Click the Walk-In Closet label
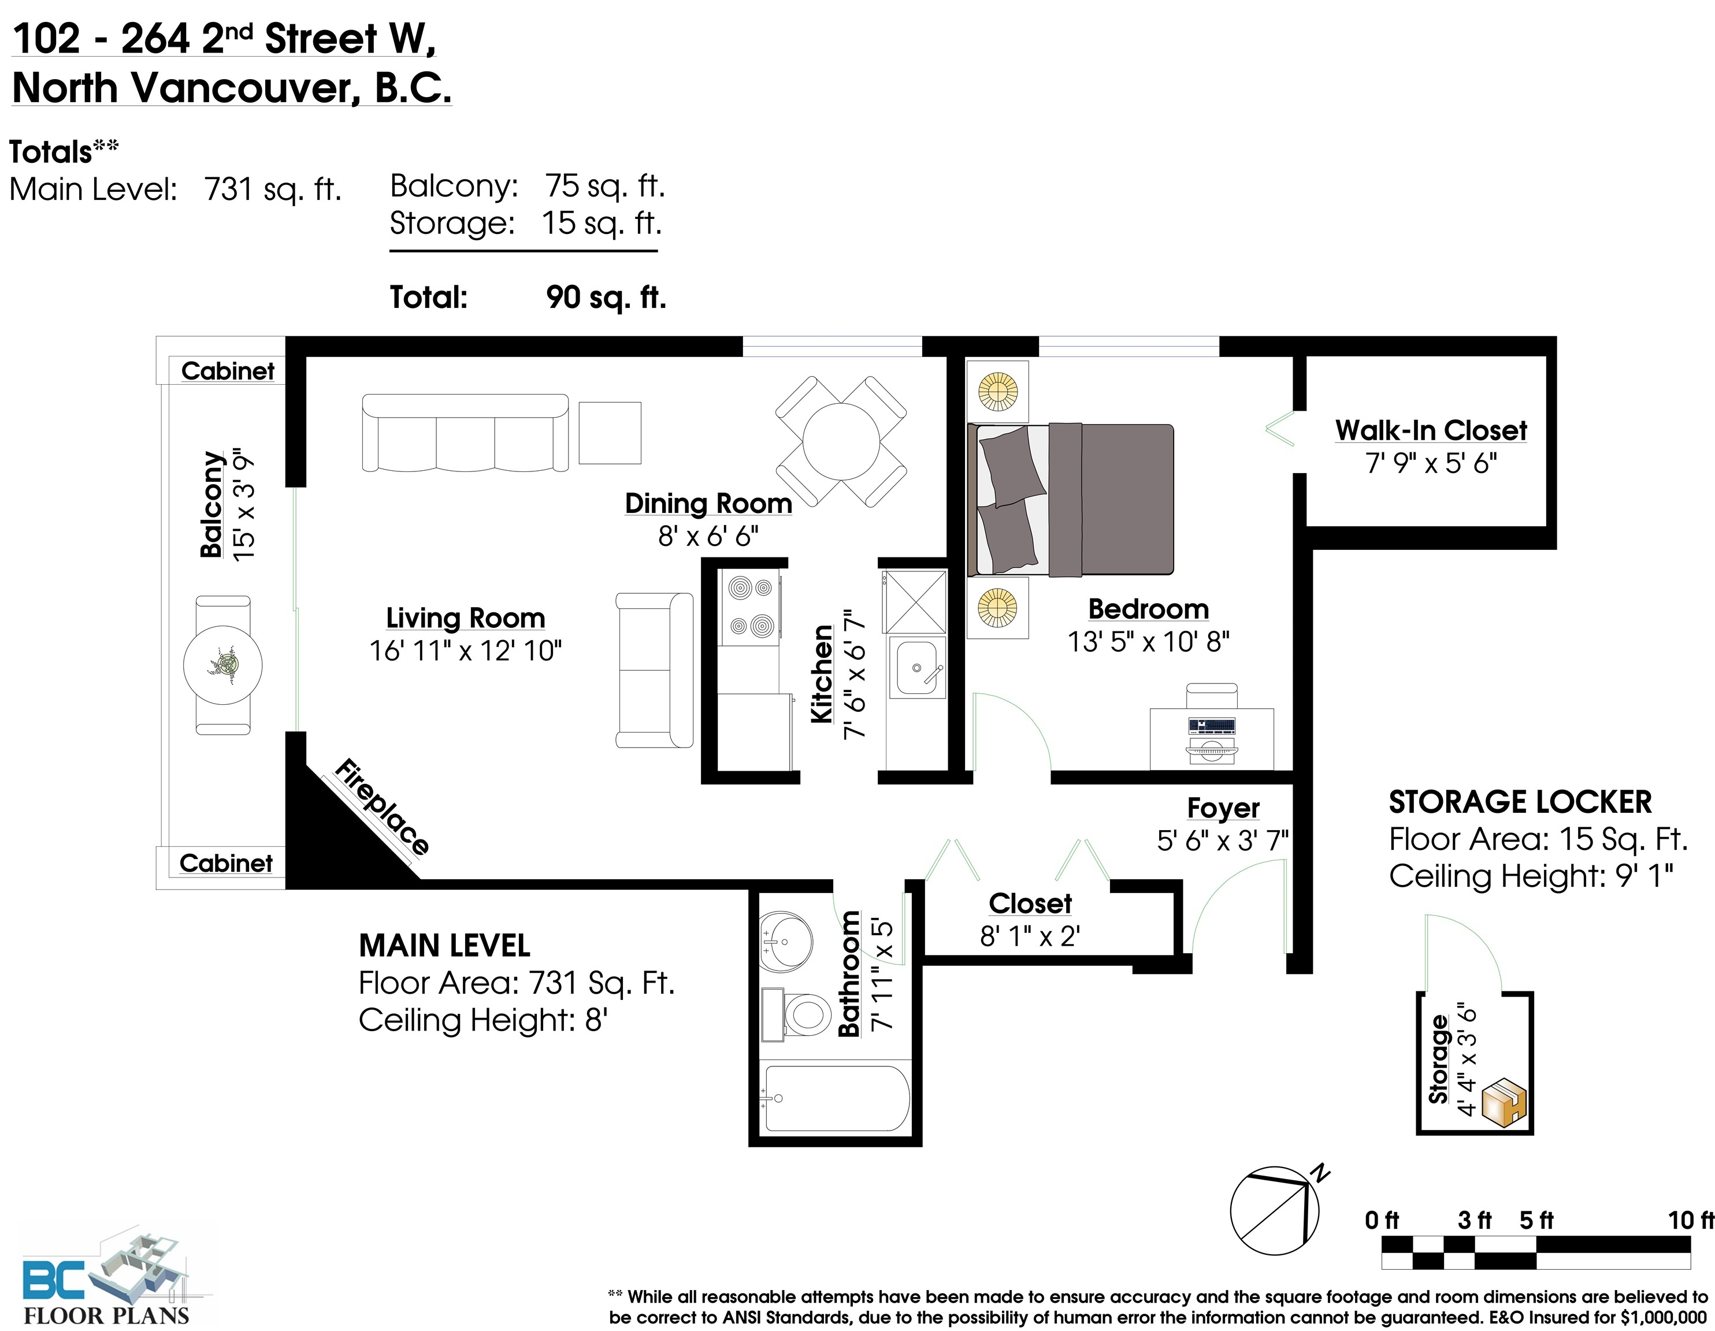coord(1431,430)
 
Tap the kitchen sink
coord(916,667)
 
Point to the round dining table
coord(841,441)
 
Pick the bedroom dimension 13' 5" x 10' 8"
coord(1148,642)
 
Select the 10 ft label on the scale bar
coord(1691,1220)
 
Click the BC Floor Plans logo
coord(106,1280)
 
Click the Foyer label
coord(1223,807)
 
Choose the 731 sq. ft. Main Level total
coord(273,189)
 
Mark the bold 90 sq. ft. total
coord(606,297)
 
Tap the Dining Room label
coord(708,503)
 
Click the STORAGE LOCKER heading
coord(1520,802)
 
